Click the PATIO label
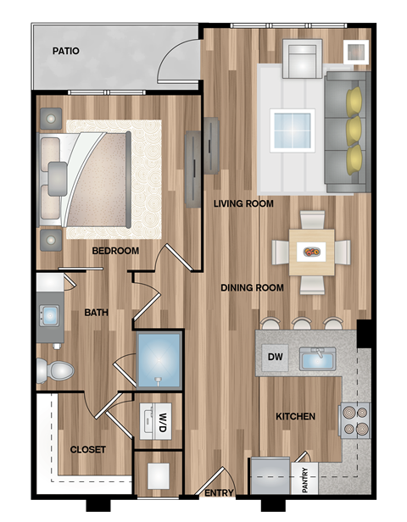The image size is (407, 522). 65,51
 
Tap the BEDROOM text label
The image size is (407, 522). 115,251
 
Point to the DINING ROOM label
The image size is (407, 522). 252,288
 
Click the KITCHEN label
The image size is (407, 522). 295,416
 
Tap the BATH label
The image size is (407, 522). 96,313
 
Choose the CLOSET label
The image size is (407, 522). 87,449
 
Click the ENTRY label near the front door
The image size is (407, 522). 220,492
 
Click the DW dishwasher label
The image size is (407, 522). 275,357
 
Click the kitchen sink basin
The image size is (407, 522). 317,360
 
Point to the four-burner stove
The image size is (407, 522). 354,419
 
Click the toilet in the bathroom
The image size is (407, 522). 54,369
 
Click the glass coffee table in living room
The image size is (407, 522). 292,130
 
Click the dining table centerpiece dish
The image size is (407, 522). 311,251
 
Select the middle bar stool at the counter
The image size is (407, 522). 302,323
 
